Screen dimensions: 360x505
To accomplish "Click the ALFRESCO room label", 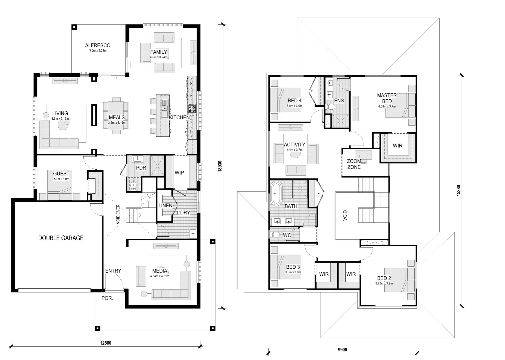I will [x=97, y=45].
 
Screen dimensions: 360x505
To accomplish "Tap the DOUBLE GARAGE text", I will [x=61, y=238].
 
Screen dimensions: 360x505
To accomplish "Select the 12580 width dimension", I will [x=106, y=342].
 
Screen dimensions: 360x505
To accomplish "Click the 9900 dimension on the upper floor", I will [x=342, y=350].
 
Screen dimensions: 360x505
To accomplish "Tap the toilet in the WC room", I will [x=275, y=235].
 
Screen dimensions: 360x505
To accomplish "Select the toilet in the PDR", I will [x=133, y=185].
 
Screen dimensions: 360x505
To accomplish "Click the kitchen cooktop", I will [x=192, y=109].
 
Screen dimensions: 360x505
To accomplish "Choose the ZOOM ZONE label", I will [x=354, y=164].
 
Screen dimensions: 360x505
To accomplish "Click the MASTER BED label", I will [x=387, y=98].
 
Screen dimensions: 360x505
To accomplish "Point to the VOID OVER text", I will [x=118, y=214].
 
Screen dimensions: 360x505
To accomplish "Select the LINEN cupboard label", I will [x=165, y=205].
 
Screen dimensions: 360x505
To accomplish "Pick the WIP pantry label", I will [x=179, y=173].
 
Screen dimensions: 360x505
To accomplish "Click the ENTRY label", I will [x=113, y=271].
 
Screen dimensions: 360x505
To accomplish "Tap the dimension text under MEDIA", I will [x=160, y=276].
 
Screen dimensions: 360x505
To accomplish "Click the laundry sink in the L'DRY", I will [x=193, y=234].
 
